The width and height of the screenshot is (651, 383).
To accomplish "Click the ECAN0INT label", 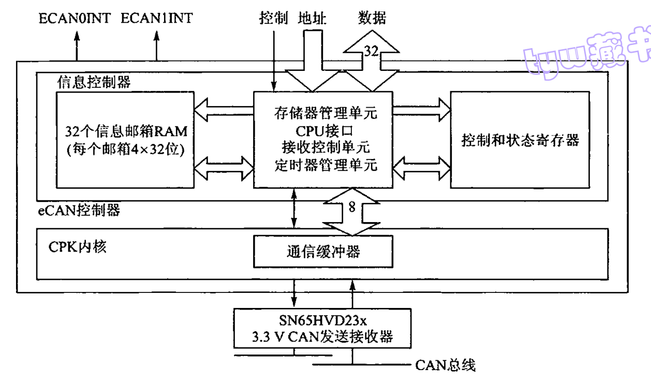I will (x=75, y=19).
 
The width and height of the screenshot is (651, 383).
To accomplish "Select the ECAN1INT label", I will (x=157, y=19).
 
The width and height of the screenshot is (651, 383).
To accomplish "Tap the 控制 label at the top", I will (x=273, y=19).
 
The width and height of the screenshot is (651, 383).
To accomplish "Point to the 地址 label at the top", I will (x=313, y=19).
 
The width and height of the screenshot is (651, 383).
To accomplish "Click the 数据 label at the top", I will (x=372, y=19).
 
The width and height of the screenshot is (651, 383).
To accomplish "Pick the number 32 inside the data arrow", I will (x=371, y=51).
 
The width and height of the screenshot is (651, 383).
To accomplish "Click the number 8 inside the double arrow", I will (x=351, y=208).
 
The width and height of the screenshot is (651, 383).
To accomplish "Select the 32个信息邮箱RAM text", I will (x=126, y=130).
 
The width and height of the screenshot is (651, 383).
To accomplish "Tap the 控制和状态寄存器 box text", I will (x=520, y=140).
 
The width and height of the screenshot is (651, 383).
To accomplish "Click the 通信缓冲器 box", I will (x=323, y=252).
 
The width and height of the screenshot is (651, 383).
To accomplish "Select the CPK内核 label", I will (x=78, y=247).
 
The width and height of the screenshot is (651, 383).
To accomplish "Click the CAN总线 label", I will (x=445, y=366).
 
